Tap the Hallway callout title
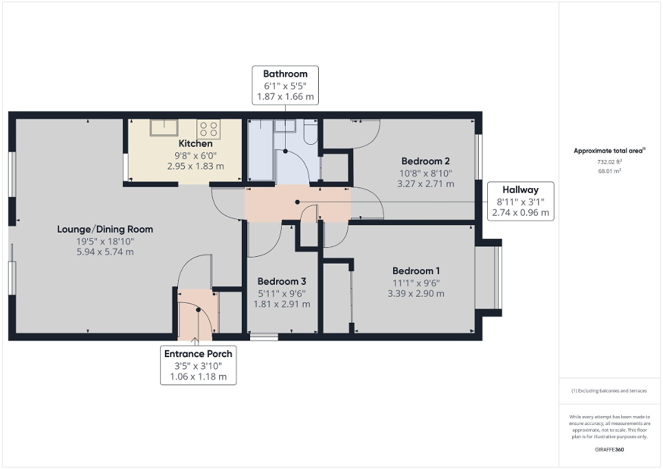point(519,190)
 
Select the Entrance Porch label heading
point(198,354)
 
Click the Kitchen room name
point(195,144)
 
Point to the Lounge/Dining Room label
point(104,229)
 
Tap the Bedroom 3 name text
point(281,282)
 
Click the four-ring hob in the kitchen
point(209,128)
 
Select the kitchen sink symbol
point(165,127)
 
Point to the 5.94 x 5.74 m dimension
point(105,251)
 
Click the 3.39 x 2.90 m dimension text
point(415,293)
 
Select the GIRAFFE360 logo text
point(609,448)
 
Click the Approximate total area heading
point(609,150)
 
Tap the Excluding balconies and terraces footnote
point(609,391)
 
